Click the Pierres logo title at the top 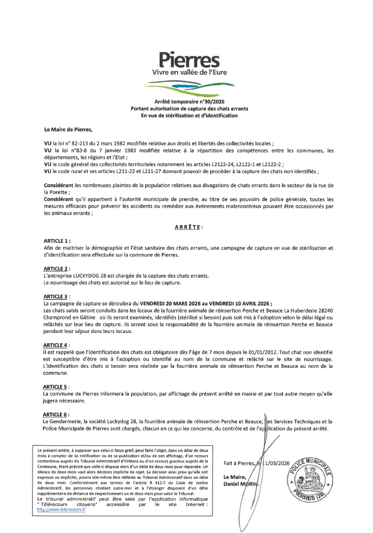tap(186, 60)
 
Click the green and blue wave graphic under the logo tap(186, 86)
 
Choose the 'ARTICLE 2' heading tap(56, 268)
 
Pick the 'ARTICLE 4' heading tap(56, 344)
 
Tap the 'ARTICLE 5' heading tap(56, 387)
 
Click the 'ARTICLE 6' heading tap(56, 414)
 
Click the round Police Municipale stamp tap(308, 481)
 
